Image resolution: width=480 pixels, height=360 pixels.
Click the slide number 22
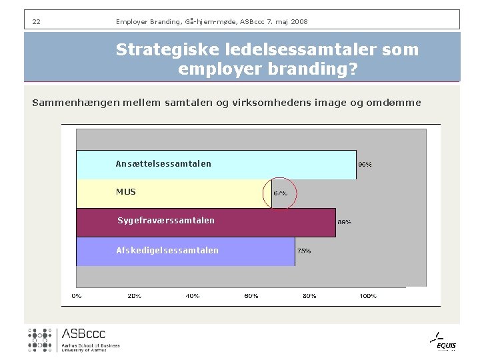coord(36,22)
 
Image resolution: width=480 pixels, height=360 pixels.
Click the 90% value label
coord(365,164)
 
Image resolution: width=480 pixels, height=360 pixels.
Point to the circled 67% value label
coord(280,193)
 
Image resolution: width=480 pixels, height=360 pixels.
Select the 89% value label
coord(344,222)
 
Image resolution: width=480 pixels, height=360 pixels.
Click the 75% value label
coord(303,251)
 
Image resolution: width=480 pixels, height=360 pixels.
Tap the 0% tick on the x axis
coord(77,295)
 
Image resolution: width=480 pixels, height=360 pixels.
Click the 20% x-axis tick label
coord(135,295)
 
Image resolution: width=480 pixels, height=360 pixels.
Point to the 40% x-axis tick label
coord(193,295)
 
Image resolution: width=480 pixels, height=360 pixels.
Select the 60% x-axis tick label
coord(251,295)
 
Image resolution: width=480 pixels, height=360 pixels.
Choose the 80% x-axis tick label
coord(309,295)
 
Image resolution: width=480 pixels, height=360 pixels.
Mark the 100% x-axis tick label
coord(368,295)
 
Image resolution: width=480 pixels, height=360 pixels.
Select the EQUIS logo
coord(445,341)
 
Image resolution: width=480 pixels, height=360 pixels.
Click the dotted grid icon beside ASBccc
coord(40,339)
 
